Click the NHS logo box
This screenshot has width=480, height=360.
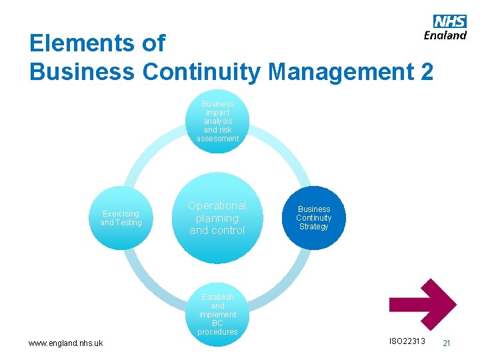click(x=450, y=21)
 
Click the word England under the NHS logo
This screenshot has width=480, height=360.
click(x=445, y=35)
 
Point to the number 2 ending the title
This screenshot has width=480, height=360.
click(x=425, y=71)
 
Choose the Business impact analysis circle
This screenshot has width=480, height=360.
click(x=217, y=121)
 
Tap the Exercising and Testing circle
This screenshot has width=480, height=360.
click(x=121, y=218)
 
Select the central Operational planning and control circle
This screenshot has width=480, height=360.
click(x=217, y=218)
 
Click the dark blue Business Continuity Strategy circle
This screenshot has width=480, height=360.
click(x=313, y=218)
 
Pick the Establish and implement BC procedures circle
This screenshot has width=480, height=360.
click(x=217, y=314)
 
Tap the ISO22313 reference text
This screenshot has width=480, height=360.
click(x=407, y=341)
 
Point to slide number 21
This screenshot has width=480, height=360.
click(x=447, y=343)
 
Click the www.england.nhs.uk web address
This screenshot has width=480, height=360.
click(x=65, y=343)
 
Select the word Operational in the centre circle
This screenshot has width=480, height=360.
click(x=217, y=205)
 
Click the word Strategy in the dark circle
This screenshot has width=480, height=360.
click(x=313, y=227)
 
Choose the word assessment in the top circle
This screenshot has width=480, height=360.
click(x=217, y=139)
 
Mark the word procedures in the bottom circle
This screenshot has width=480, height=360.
click(x=217, y=332)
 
